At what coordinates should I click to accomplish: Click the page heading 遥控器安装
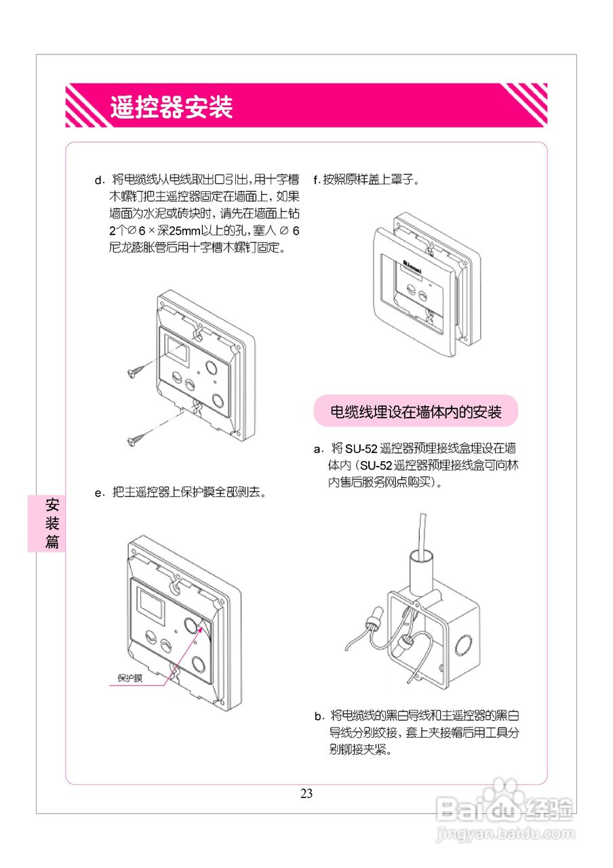172,106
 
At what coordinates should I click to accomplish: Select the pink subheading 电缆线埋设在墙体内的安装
416,411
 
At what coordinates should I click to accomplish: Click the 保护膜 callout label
130,677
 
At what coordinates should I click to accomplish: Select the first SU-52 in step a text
361,449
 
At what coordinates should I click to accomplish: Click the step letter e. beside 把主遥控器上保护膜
100,493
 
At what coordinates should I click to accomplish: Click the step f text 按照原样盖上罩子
371,180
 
